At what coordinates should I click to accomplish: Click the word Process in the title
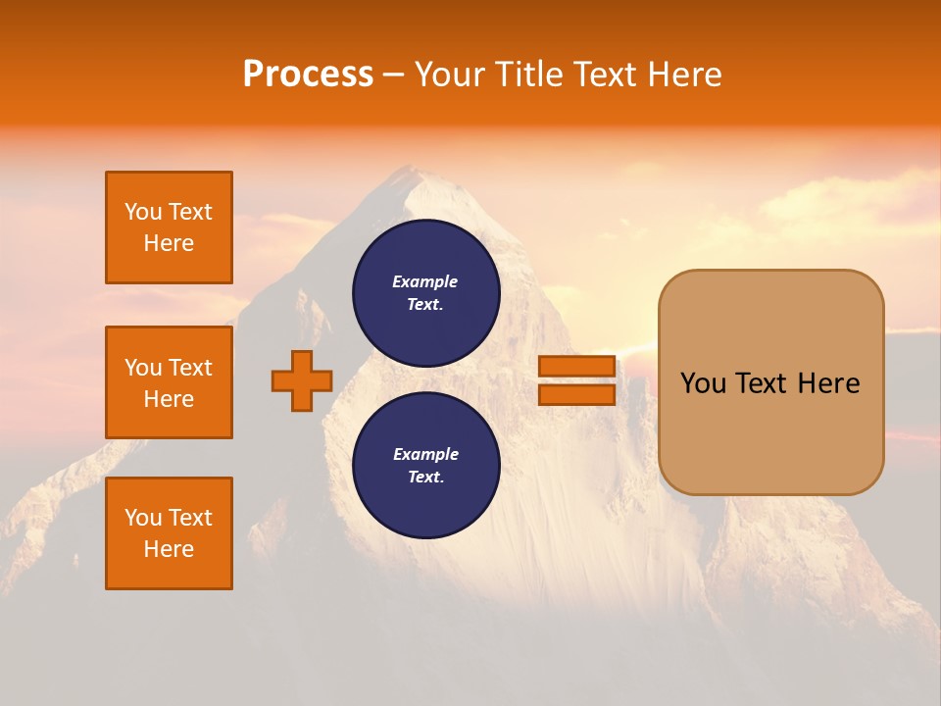[308, 75]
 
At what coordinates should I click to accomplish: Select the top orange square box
[169, 227]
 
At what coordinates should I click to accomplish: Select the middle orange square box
[169, 382]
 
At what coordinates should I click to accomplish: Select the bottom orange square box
[169, 533]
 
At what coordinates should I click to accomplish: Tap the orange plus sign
[302, 381]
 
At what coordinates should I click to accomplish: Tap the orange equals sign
[576, 380]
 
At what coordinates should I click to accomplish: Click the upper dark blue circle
[426, 293]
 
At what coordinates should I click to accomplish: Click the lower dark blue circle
[426, 466]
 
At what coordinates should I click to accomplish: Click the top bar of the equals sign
[576, 367]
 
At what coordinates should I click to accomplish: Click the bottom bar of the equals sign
[576, 394]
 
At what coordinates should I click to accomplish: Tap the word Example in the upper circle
[424, 281]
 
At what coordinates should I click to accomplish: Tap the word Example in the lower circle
[424, 454]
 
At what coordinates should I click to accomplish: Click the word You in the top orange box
[143, 212]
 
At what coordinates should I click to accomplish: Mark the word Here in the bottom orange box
[169, 549]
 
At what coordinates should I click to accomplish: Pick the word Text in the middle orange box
[189, 368]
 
